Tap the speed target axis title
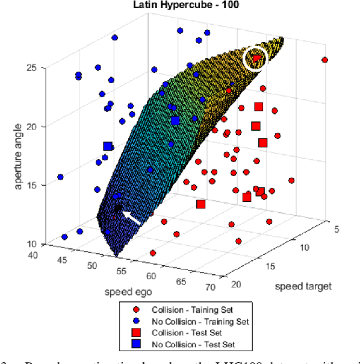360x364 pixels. (303, 286)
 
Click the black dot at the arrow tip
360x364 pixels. (119, 209)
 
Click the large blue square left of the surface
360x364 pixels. (108, 146)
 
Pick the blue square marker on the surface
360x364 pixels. (175, 121)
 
